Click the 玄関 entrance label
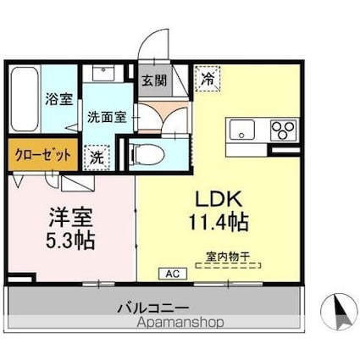click(x=154, y=81)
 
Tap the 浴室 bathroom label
click(x=59, y=99)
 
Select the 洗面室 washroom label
click(x=107, y=117)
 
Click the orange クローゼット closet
click(x=43, y=154)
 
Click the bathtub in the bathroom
click(x=25, y=99)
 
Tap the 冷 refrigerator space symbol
click(x=208, y=79)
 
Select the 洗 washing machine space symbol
click(x=97, y=158)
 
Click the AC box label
click(x=173, y=274)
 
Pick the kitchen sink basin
click(x=241, y=130)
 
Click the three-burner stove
click(x=283, y=130)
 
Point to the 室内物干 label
click(x=228, y=257)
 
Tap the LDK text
click(x=219, y=199)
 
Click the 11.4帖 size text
click(x=219, y=222)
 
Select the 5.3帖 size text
click(x=70, y=240)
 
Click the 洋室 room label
click(x=70, y=218)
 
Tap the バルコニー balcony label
click(x=153, y=308)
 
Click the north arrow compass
click(x=340, y=312)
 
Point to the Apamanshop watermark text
click(x=180, y=322)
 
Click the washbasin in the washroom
click(x=103, y=73)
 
